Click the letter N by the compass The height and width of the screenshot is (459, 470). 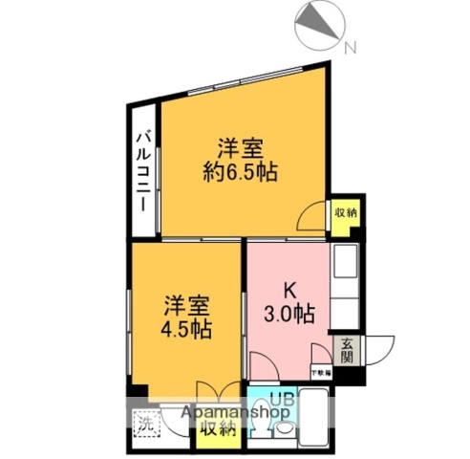point(350,47)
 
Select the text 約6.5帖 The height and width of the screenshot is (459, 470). point(240,172)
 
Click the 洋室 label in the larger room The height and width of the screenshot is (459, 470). point(240,149)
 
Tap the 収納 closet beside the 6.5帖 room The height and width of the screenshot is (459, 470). point(344,212)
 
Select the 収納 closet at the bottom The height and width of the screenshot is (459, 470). point(218,428)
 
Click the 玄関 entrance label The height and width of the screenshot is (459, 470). point(345,350)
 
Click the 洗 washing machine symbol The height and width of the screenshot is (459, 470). point(144,422)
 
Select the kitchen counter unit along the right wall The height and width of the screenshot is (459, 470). point(344,287)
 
